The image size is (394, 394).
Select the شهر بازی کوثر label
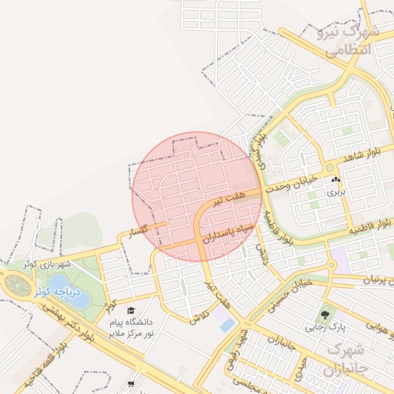[46, 264]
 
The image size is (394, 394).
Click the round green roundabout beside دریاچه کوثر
[15, 284]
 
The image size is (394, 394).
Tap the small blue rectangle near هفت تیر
[227, 324]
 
